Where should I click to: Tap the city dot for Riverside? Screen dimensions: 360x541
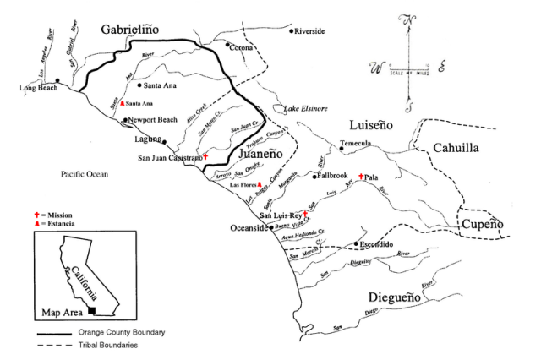(x=292, y=31)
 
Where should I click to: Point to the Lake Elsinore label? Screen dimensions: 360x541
(x=308, y=108)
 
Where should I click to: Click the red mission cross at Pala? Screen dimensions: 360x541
(x=361, y=177)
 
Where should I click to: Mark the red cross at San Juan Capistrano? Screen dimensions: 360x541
(x=205, y=156)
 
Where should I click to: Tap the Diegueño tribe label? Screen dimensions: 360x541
(x=402, y=297)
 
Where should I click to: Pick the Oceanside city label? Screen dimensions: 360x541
(x=249, y=228)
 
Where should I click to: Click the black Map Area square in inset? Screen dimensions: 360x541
(x=79, y=311)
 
